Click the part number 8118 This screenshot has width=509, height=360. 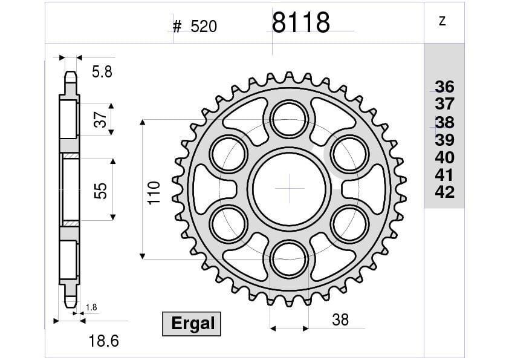tap(300, 24)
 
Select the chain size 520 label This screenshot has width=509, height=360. tap(203, 27)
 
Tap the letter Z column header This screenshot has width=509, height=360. tap(442, 22)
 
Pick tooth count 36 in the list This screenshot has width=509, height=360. tap(444, 86)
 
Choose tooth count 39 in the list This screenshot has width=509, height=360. tap(444, 140)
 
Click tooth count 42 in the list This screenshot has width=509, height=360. tap(444, 192)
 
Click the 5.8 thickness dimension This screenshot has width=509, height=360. tap(102, 73)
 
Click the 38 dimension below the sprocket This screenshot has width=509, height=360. tap(340, 319)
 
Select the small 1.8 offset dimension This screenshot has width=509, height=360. tap(91, 308)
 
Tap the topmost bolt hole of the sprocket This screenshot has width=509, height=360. tap(289, 117)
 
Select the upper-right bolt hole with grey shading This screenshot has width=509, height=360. tap(351, 153)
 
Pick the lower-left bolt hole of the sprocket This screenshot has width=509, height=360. tap(228, 223)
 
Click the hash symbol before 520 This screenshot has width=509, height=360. tap(177, 27)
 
